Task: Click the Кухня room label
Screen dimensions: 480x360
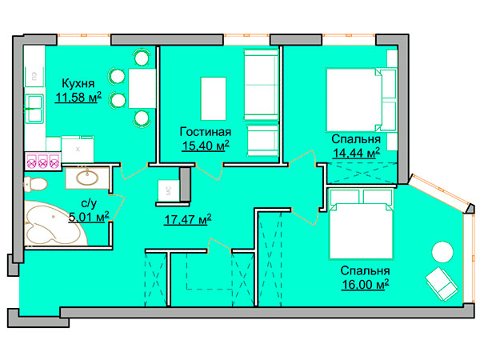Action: click(x=78, y=83)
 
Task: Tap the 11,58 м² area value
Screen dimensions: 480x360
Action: click(x=78, y=98)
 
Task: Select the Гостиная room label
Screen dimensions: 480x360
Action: click(x=206, y=132)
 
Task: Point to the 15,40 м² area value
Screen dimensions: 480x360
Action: click(x=206, y=146)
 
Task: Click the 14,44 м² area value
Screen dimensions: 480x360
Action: click(x=356, y=153)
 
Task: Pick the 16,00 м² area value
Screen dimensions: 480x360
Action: click(x=366, y=284)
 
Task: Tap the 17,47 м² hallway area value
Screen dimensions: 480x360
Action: click(x=188, y=219)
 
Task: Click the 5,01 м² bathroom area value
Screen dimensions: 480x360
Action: click(x=89, y=217)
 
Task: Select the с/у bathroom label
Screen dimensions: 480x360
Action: click(x=89, y=203)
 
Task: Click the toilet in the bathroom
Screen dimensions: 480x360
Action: click(x=35, y=184)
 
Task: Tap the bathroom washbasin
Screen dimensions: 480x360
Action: click(x=87, y=178)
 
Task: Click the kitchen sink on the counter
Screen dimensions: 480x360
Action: click(x=34, y=108)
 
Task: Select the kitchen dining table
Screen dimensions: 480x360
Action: click(x=142, y=88)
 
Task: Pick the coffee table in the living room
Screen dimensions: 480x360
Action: click(x=214, y=98)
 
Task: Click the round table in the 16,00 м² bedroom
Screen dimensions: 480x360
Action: click(x=442, y=252)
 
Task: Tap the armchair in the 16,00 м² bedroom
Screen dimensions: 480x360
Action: click(x=442, y=284)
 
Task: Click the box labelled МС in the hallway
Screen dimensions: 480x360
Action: click(x=168, y=190)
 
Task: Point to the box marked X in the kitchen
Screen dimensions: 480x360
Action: click(x=78, y=150)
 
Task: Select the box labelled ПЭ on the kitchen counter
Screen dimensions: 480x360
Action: click(x=34, y=77)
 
